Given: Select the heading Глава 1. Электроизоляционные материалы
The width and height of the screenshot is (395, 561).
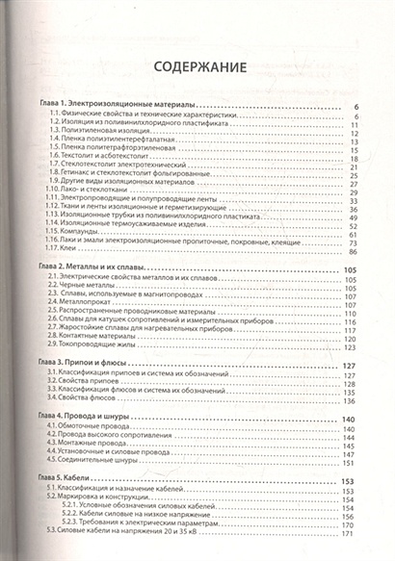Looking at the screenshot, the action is point(114,104).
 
